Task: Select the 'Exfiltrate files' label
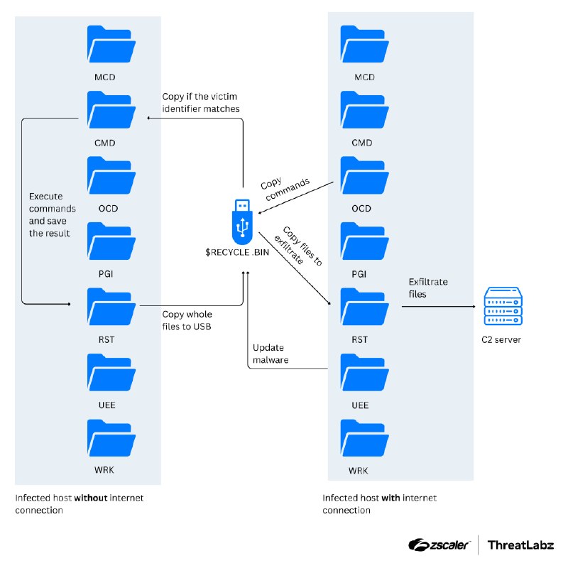click(428, 288)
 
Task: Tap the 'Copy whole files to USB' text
click(187, 320)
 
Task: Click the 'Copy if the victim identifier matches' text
click(201, 103)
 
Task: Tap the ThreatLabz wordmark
click(520, 545)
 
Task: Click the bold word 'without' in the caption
click(91, 498)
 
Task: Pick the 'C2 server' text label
click(501, 339)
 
